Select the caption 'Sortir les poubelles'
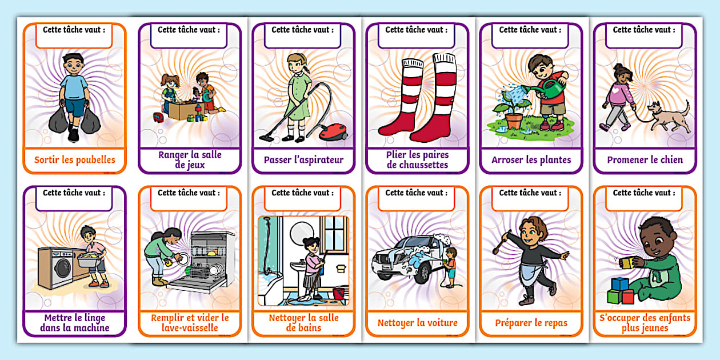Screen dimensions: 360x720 point(74,160)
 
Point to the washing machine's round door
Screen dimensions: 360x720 point(63,267)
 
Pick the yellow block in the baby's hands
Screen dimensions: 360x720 point(627,262)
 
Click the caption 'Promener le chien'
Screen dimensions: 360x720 point(645,160)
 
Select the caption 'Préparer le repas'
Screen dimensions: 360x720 point(531,323)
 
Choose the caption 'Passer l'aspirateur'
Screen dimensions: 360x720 point(303,160)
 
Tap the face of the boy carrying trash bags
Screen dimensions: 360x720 point(74,64)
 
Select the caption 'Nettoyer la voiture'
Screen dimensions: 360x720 point(417,323)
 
